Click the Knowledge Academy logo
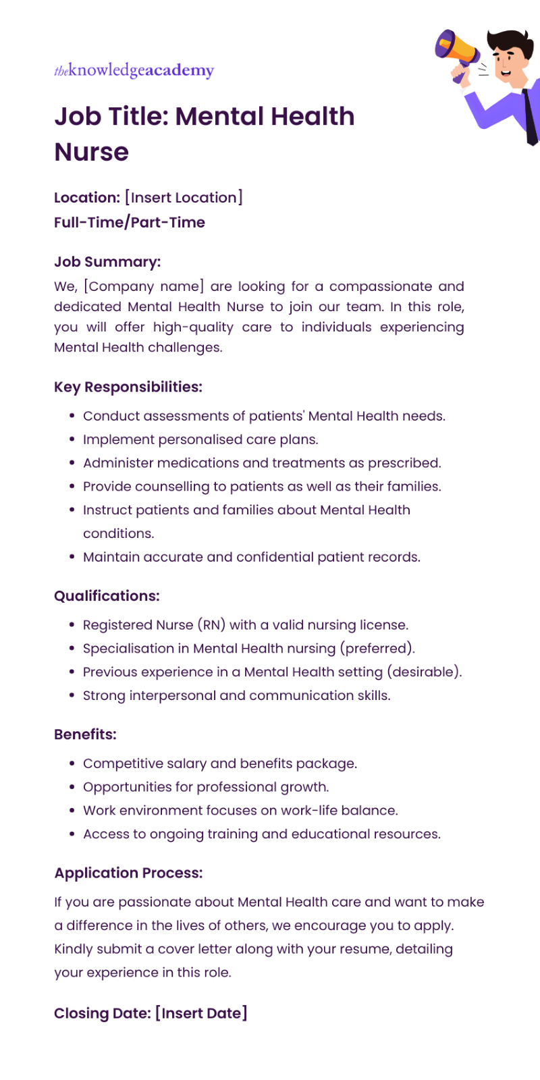coord(134,70)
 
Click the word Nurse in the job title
coord(91,152)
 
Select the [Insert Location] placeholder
coord(184,198)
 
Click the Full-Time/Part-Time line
coord(130,222)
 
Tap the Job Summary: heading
coord(107,262)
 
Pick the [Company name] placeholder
coord(144,286)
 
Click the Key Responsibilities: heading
coord(128,387)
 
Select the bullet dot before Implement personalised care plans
coord(72,439)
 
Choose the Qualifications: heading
coord(107,596)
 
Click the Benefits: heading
coord(85,734)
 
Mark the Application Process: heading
coord(128,873)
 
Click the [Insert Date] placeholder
coord(201,1013)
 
